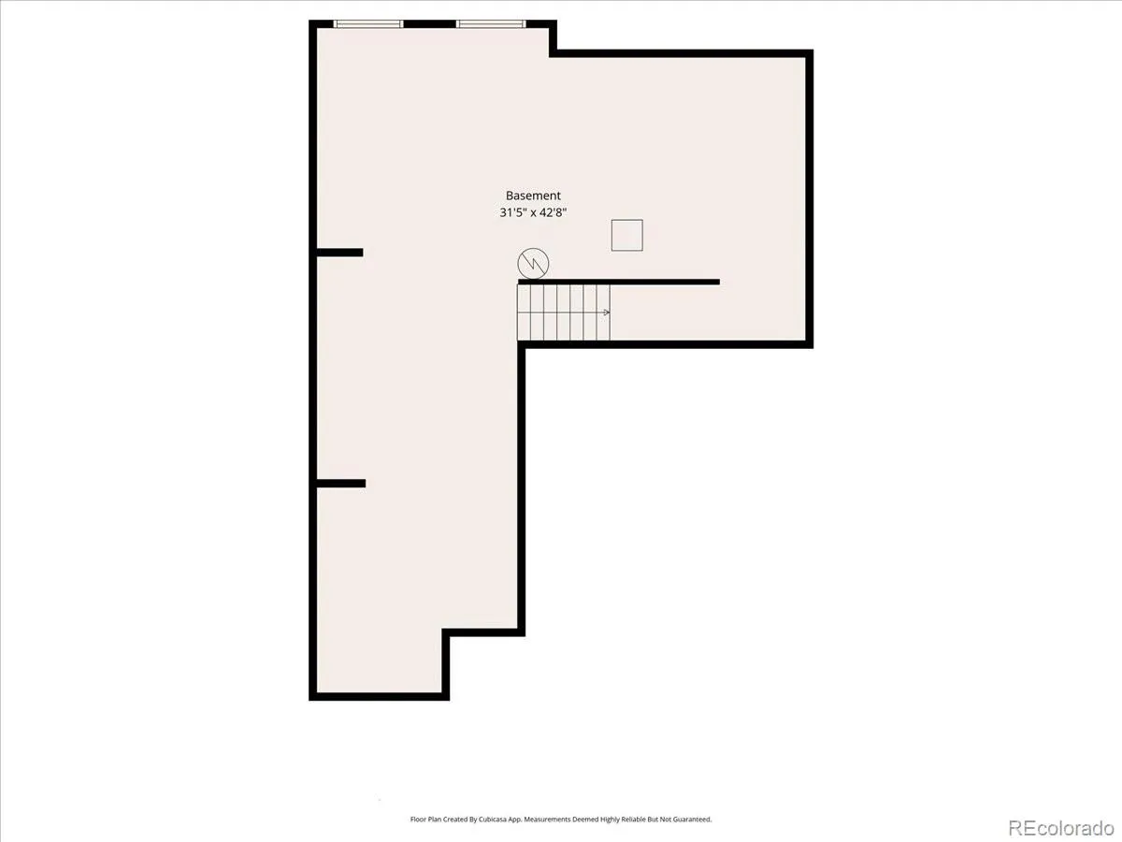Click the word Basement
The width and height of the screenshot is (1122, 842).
[533, 196]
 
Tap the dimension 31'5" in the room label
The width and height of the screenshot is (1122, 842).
[511, 212]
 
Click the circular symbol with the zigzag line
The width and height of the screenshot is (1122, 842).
[533, 263]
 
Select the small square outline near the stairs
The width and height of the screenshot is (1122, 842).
[627, 235]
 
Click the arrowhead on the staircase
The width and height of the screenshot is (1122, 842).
[607, 312]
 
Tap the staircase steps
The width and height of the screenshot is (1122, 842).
[563, 312]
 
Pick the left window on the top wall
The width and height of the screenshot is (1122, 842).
[368, 24]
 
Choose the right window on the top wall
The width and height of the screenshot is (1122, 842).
[491, 24]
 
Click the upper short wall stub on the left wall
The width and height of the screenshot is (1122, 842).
[340, 253]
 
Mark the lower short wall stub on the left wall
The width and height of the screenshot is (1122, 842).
[341, 483]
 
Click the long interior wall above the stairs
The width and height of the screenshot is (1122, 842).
[619, 282]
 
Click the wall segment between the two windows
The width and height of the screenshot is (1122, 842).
[429, 24]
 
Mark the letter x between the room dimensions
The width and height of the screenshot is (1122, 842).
[532, 213]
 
